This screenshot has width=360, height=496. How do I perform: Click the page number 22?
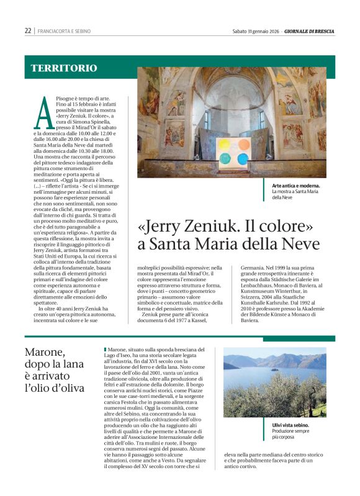[28, 30]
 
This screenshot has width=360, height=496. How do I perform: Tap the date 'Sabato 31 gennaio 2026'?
[256, 30]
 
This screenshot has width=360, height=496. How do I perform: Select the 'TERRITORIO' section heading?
[64, 68]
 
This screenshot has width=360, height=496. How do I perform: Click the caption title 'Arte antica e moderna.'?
[295, 186]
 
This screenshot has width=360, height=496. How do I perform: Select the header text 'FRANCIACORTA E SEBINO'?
[64, 30]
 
